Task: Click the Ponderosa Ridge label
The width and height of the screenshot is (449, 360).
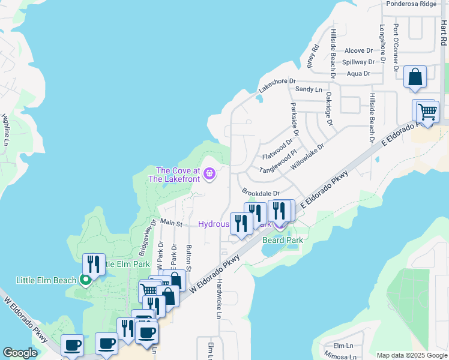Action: point(411,4)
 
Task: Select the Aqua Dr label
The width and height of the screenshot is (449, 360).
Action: point(358,73)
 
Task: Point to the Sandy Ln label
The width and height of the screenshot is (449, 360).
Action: point(309,89)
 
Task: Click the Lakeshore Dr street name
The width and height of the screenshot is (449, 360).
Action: point(277,85)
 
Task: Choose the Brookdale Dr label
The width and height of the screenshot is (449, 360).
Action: point(261,193)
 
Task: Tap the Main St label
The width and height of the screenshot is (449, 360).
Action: point(171,223)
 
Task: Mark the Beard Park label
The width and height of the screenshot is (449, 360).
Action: point(282,240)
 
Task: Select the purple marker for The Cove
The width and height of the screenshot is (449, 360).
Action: point(209,175)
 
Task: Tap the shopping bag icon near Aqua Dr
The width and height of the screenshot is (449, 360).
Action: point(415,77)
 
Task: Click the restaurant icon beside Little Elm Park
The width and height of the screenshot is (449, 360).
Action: point(94,264)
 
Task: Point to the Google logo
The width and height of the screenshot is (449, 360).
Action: point(20,353)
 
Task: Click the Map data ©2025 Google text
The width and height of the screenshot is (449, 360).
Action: point(411,355)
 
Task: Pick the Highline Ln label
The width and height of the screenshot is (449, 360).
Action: point(5,130)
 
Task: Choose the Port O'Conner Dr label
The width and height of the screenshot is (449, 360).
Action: point(396,47)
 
